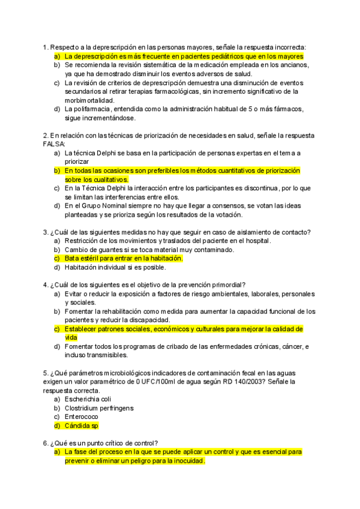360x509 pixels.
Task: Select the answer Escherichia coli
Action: (x=89, y=399)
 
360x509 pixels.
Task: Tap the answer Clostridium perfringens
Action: (x=99, y=408)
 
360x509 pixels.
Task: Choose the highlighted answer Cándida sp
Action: (x=82, y=426)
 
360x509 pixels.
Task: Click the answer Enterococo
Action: (x=82, y=417)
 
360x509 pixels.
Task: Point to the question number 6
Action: (x=46, y=443)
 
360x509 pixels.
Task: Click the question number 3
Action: (x=46, y=232)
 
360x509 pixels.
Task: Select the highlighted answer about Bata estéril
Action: (x=124, y=258)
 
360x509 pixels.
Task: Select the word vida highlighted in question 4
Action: (x=71, y=338)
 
